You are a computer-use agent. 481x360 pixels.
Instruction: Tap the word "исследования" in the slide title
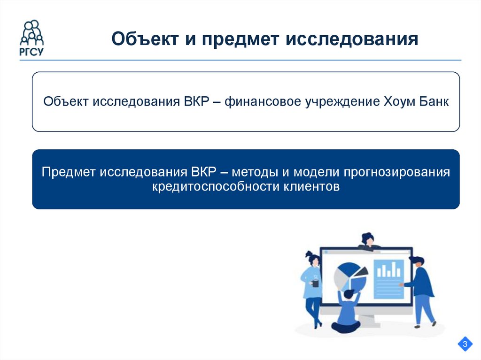pyautogui.click(x=352, y=39)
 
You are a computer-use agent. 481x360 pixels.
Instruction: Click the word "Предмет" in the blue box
pyautogui.click(x=69, y=172)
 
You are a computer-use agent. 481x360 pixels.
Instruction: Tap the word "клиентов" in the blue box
pyautogui.click(x=310, y=186)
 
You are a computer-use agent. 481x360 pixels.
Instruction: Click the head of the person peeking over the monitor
pyautogui.click(x=368, y=238)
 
